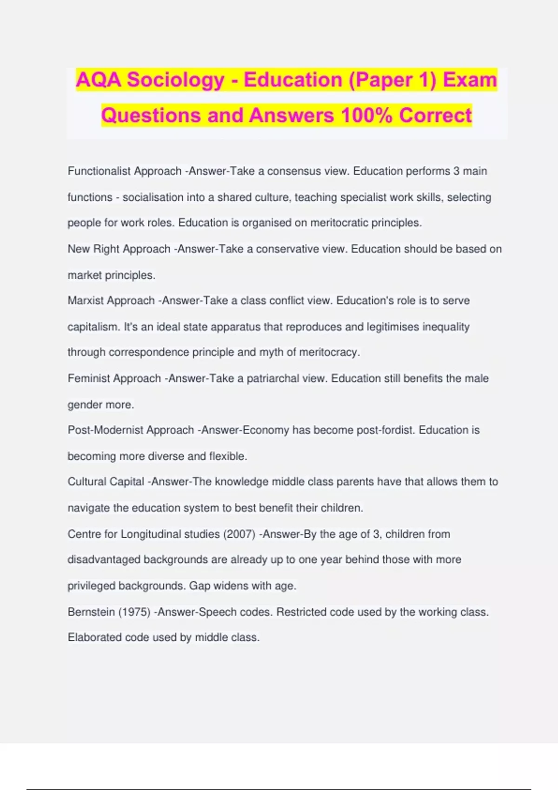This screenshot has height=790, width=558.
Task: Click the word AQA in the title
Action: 99,80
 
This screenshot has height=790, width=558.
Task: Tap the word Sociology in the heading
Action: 176,80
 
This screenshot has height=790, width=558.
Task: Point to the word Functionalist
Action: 99,171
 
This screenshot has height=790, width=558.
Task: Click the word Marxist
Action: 86,301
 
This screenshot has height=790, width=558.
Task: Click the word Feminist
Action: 89,378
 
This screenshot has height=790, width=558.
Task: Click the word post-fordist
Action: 385,430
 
